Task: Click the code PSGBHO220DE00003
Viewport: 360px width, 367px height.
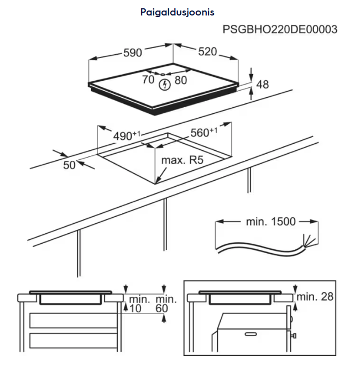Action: [280, 29]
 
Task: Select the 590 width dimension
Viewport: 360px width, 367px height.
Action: [132, 53]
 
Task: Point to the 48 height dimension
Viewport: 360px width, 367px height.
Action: [263, 85]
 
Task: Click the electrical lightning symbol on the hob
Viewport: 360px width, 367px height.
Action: [164, 85]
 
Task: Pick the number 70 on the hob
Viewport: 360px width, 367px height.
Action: [148, 80]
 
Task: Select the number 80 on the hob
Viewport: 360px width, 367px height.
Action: [181, 80]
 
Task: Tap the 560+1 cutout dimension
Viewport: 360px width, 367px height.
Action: [204, 133]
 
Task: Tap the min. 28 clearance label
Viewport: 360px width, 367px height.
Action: [316, 297]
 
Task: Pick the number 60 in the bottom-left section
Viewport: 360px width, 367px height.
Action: [161, 308]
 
